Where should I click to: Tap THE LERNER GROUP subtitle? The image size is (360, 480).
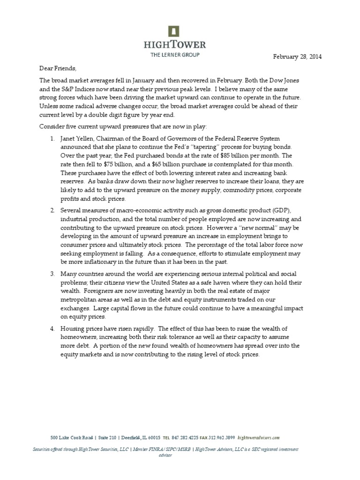pyautogui.click(x=174, y=55)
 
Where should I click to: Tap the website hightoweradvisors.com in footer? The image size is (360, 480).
pyautogui.click(x=259, y=438)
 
